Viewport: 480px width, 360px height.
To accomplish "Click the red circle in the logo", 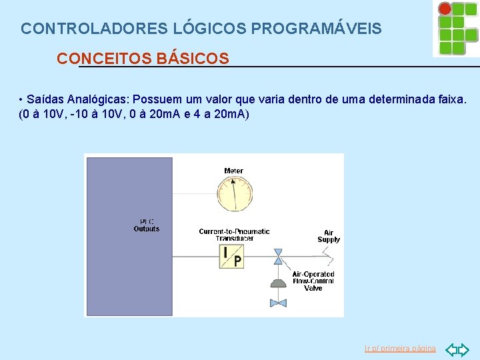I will (445, 9).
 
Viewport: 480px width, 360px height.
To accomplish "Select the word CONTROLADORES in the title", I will (95, 29).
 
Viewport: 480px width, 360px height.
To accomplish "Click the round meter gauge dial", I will (233, 193).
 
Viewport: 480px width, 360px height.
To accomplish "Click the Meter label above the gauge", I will (233, 171).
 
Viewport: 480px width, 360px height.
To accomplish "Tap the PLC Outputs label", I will (147, 225).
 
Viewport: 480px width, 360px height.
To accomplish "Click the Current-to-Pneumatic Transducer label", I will (234, 235).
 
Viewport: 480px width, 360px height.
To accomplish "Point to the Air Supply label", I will (329, 236).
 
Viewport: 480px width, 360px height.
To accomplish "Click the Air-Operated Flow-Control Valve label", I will (313, 281).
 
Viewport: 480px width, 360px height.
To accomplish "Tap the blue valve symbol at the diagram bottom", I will (278, 303).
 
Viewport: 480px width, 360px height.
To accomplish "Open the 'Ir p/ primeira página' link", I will (400, 349).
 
